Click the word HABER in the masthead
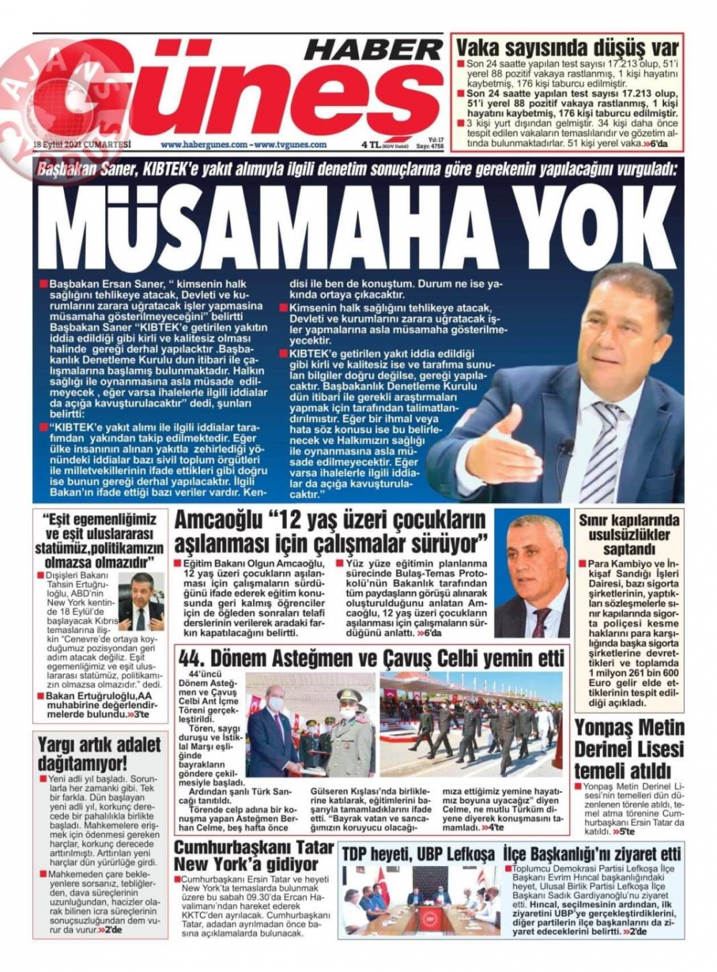pyautogui.click(x=374, y=49)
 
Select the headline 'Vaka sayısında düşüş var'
pyautogui.click(x=567, y=48)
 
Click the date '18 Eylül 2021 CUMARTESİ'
pyautogui.click(x=82, y=144)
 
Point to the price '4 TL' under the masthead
pyautogui.click(x=371, y=144)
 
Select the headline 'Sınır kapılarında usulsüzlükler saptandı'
pyautogui.click(x=628, y=534)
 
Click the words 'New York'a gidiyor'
pyautogui.click(x=245, y=864)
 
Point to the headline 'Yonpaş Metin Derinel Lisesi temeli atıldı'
pyautogui.click(x=629, y=749)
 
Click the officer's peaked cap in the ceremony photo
pyautogui.click(x=349, y=696)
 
